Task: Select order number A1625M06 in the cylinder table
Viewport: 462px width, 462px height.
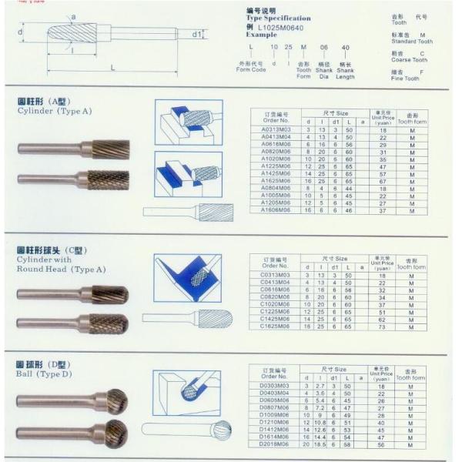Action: tap(276, 181)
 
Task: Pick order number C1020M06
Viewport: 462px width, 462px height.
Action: tap(276, 304)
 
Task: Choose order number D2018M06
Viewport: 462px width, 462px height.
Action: tap(276, 444)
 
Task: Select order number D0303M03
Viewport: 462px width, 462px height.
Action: tap(276, 386)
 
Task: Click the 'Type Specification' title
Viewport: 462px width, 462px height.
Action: tap(279, 18)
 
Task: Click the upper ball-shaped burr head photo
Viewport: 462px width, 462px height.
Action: tap(116, 400)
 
